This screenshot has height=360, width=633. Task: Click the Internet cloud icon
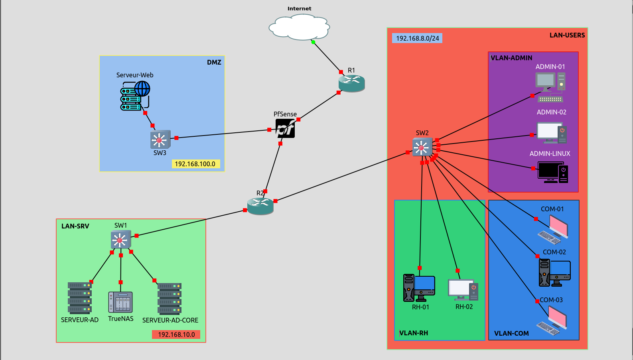[299, 27]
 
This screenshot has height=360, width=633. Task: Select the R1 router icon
[351, 83]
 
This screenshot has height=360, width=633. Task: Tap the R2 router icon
[260, 206]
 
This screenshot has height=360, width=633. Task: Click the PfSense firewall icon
[285, 128]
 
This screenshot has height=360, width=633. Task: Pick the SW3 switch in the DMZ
[160, 139]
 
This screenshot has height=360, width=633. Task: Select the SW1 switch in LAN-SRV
[121, 240]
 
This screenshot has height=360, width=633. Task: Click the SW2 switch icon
[422, 147]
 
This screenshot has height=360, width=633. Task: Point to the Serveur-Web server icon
[135, 95]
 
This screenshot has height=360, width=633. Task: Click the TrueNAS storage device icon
[120, 302]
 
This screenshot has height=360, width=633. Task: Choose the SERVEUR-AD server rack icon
[80, 298]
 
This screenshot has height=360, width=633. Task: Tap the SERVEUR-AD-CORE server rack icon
[170, 299]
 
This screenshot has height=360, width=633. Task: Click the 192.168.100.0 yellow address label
[196, 164]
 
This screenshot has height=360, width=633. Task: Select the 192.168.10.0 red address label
[176, 334]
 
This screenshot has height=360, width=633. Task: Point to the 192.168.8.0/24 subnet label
[417, 38]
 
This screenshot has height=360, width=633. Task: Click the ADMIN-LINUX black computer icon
[552, 172]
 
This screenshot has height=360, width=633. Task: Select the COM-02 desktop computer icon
[554, 273]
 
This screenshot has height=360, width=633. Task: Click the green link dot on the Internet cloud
[313, 42]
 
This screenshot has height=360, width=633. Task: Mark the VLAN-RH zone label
[414, 333]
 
